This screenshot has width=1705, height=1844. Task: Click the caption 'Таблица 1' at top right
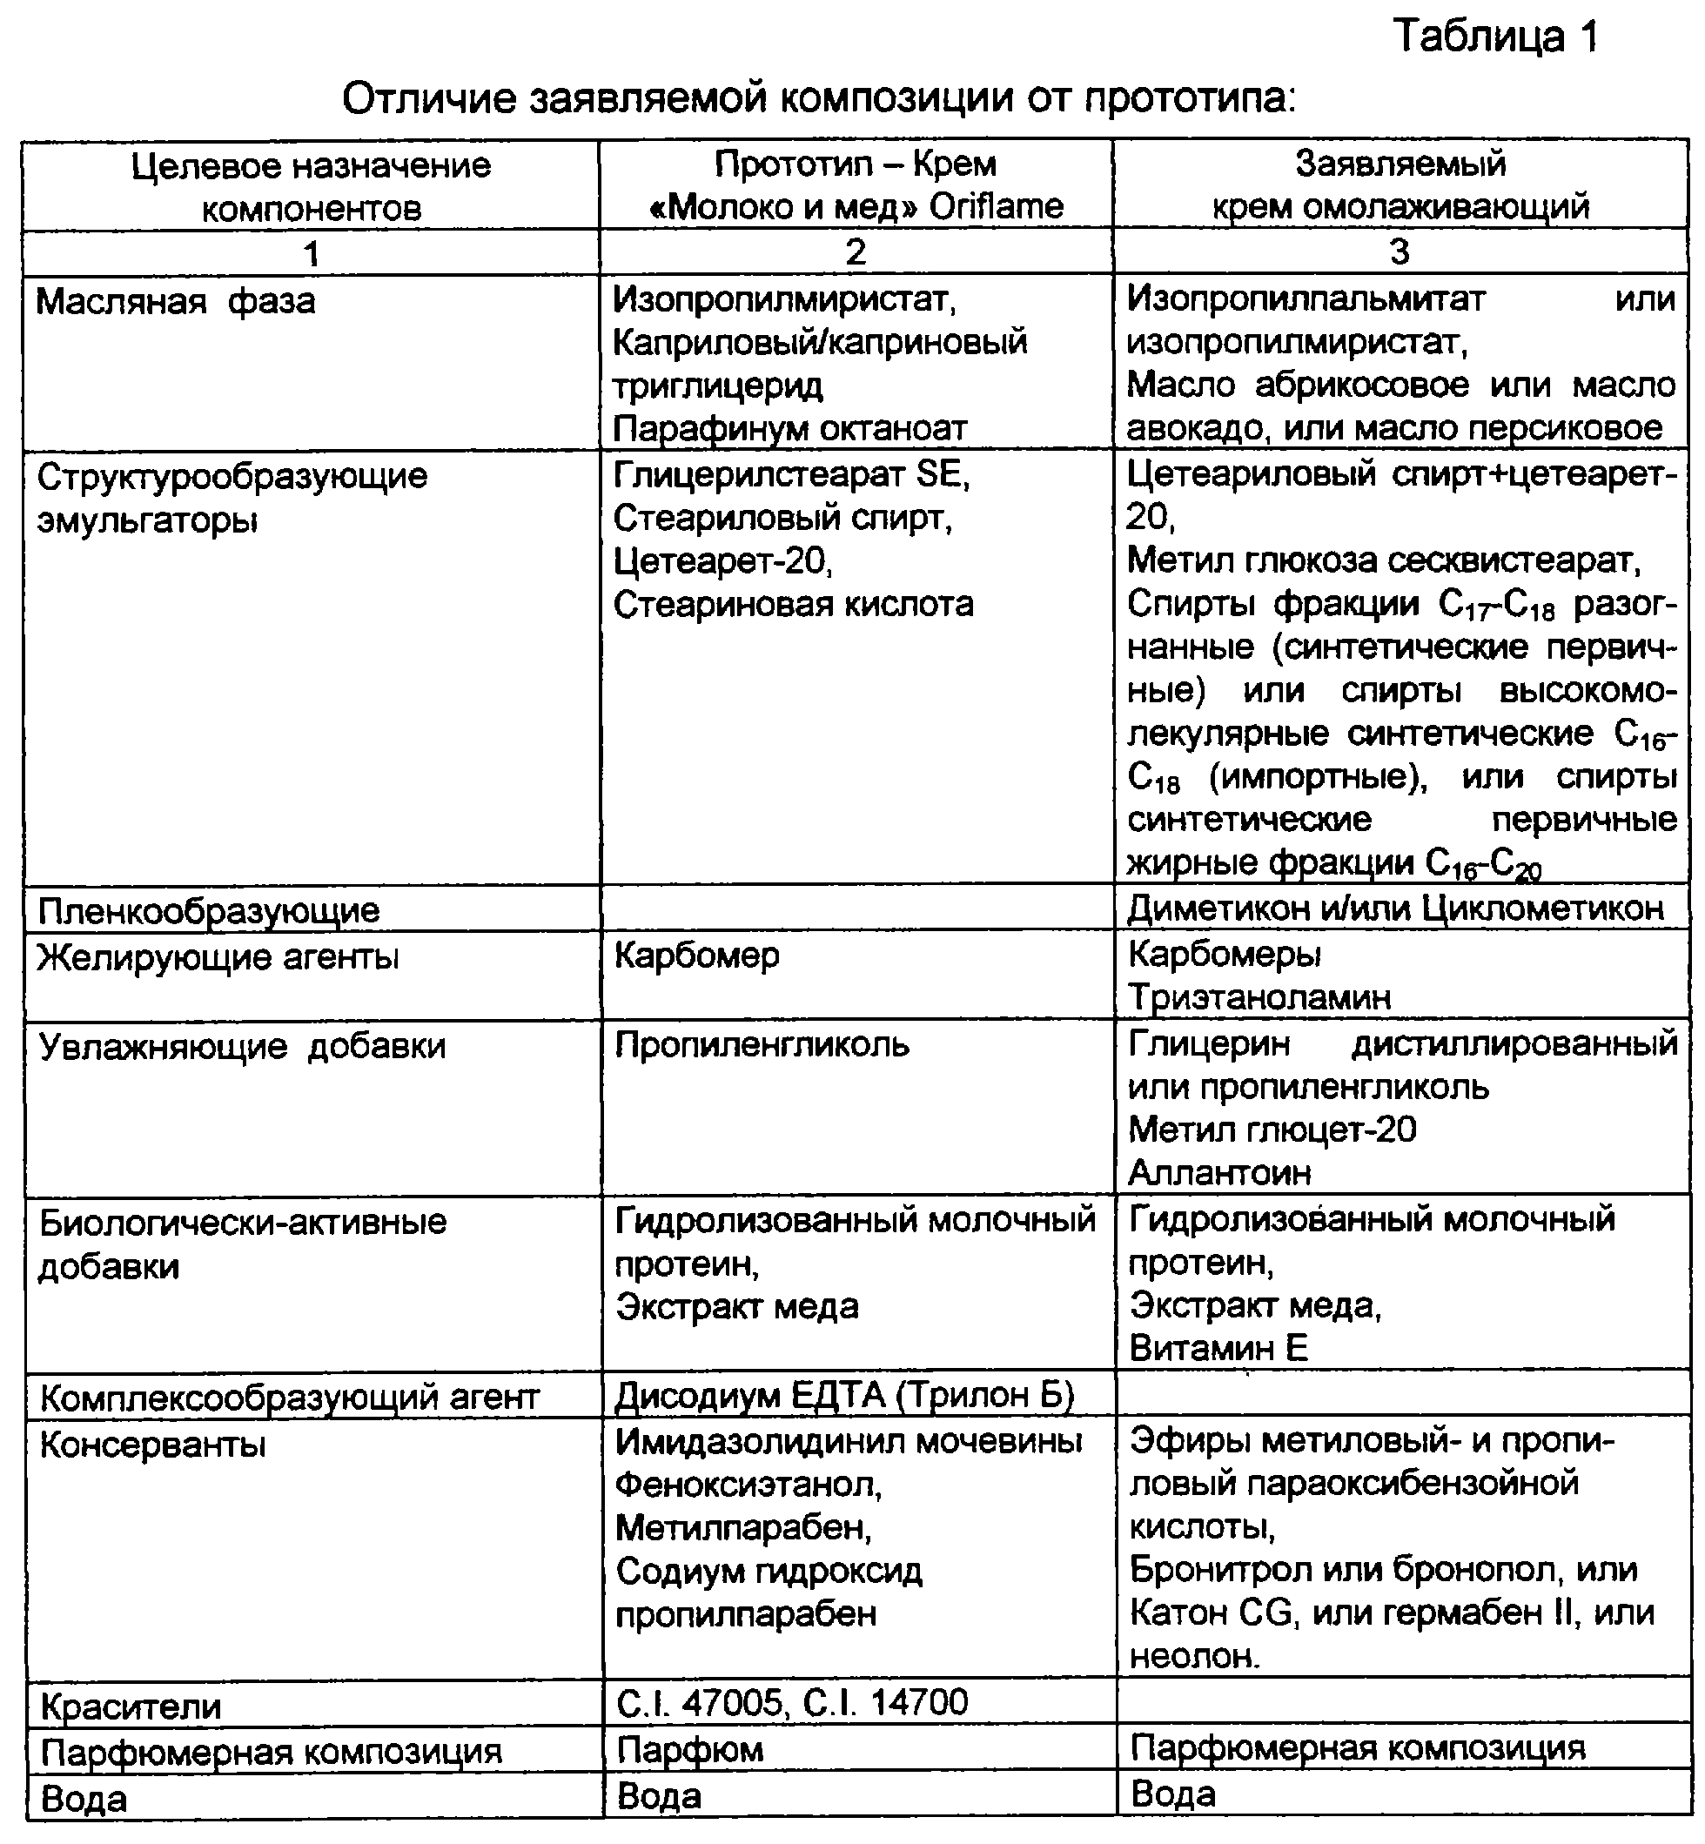[x=1494, y=37]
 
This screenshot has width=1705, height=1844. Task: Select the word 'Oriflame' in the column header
[x=996, y=206]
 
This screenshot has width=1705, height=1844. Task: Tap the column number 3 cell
[x=1399, y=251]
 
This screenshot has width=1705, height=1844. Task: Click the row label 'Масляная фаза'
[x=175, y=302]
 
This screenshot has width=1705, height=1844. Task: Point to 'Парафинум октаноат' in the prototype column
[x=789, y=428]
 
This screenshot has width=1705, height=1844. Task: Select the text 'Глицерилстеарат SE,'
[x=792, y=475]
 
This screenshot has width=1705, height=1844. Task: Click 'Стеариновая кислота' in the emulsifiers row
[x=794, y=605]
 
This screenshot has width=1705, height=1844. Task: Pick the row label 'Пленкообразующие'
[x=209, y=910]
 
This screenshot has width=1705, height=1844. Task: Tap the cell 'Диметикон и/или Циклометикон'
[x=1395, y=909]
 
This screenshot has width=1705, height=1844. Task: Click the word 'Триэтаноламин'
[x=1259, y=997]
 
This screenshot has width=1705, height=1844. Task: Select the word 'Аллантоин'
[x=1218, y=1172]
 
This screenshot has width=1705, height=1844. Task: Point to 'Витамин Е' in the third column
[x=1218, y=1349]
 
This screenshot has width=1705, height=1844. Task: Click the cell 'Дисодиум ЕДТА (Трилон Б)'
[x=844, y=1395]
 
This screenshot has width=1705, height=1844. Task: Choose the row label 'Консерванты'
[x=152, y=1445]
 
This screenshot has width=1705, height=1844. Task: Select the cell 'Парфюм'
[x=689, y=1749]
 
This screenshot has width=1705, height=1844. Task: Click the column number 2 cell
[x=856, y=251]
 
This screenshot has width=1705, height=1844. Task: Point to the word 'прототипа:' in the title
[x=1189, y=97]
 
